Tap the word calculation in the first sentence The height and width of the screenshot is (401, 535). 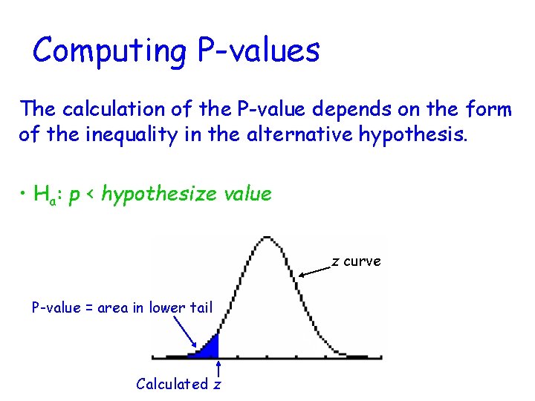tap(126, 110)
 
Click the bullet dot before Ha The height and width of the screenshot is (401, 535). tap(24, 195)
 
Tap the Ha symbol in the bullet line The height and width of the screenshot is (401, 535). tap(47, 195)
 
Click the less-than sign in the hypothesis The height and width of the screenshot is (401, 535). tap(91, 195)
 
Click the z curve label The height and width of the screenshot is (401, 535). tap(356, 261)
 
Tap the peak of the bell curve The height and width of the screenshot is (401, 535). tap(265, 239)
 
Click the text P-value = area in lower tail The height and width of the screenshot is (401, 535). tap(122, 307)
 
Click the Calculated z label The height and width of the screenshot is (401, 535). tap(178, 384)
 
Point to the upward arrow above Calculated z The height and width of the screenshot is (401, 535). tap(218, 369)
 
